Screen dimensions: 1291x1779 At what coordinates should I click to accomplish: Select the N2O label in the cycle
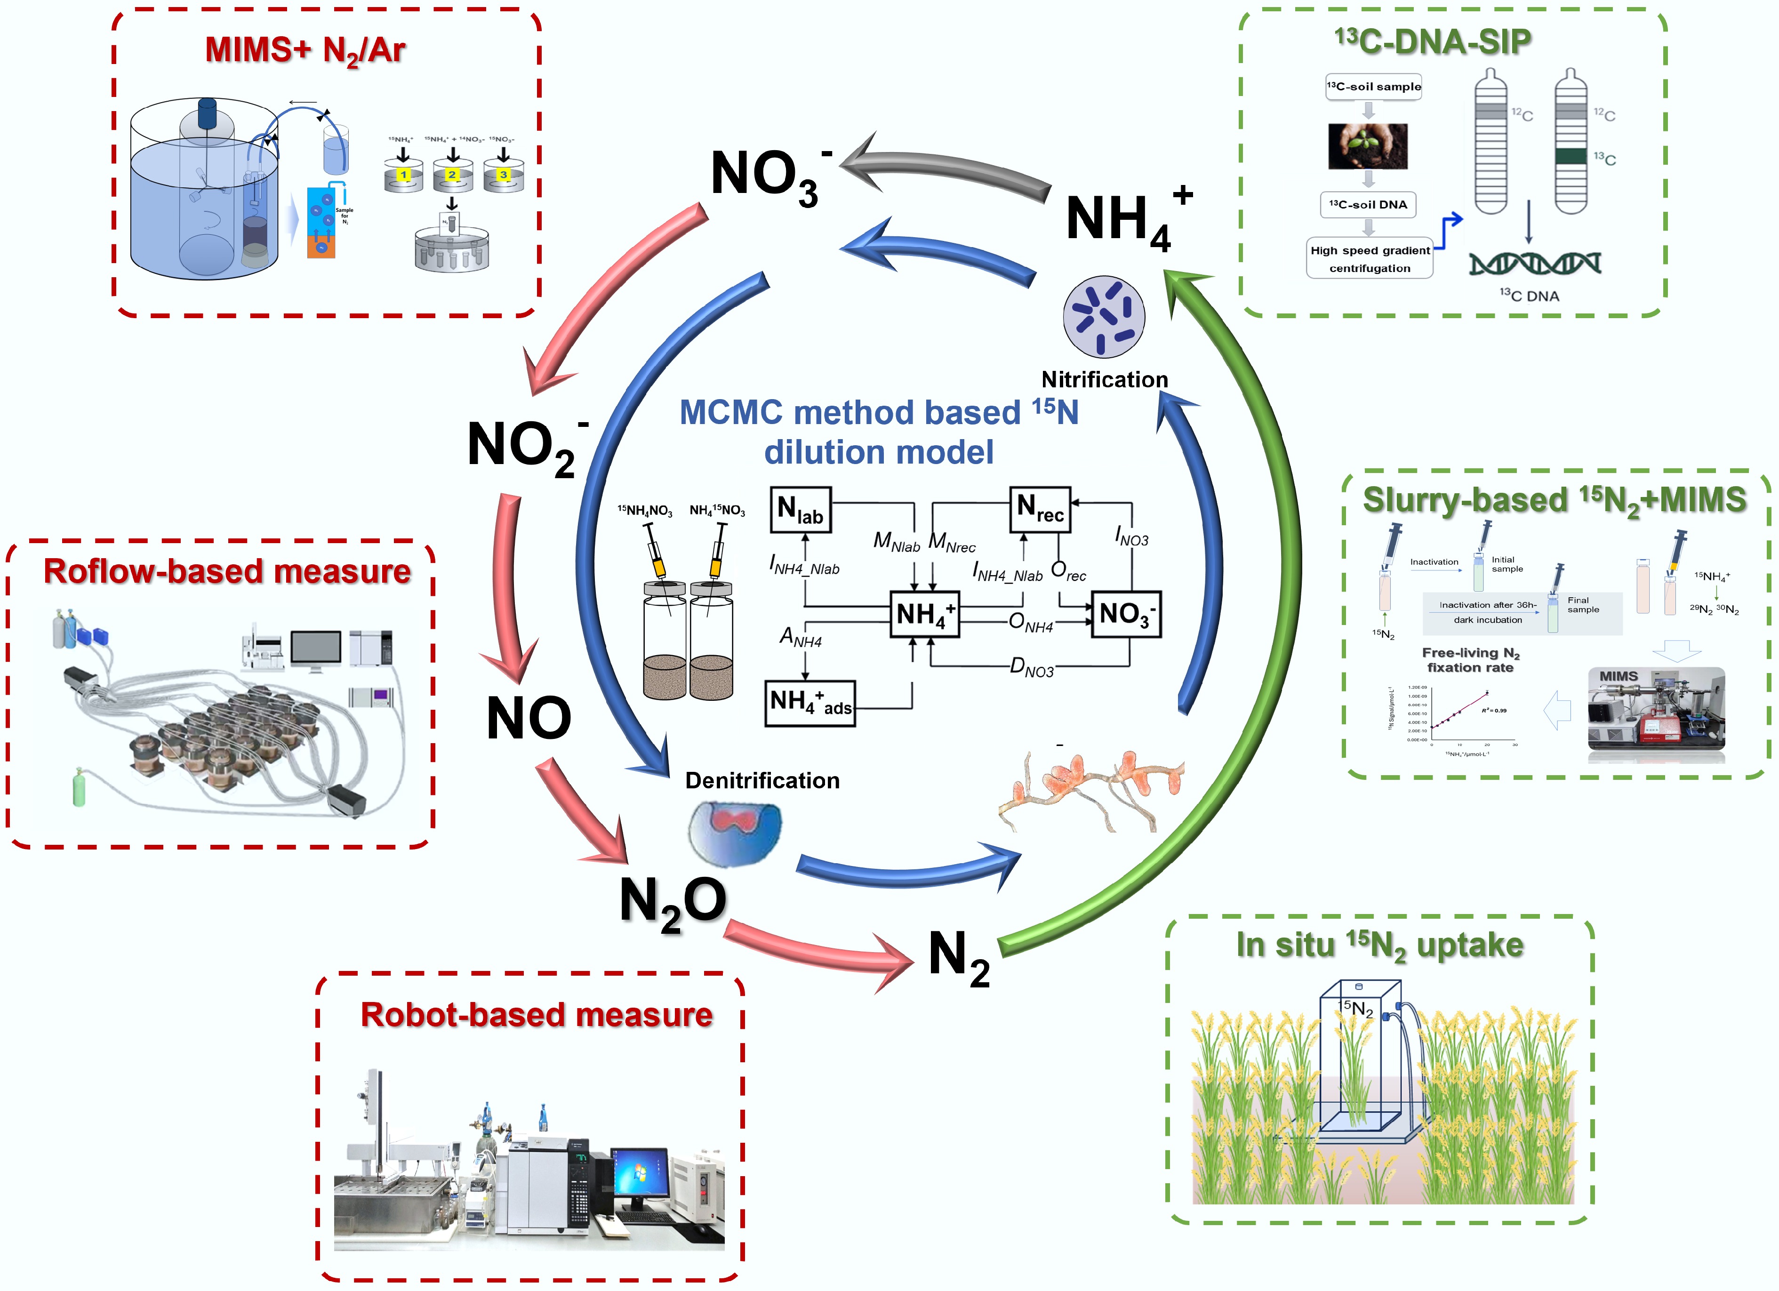click(x=673, y=902)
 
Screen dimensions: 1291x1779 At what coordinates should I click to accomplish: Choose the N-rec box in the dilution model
click(x=1039, y=510)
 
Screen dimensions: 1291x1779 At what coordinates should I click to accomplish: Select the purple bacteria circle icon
click(x=1103, y=317)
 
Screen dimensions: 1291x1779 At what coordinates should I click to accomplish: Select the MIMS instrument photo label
click(x=1618, y=676)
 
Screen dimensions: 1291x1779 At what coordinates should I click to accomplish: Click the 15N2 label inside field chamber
click(x=1356, y=1008)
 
